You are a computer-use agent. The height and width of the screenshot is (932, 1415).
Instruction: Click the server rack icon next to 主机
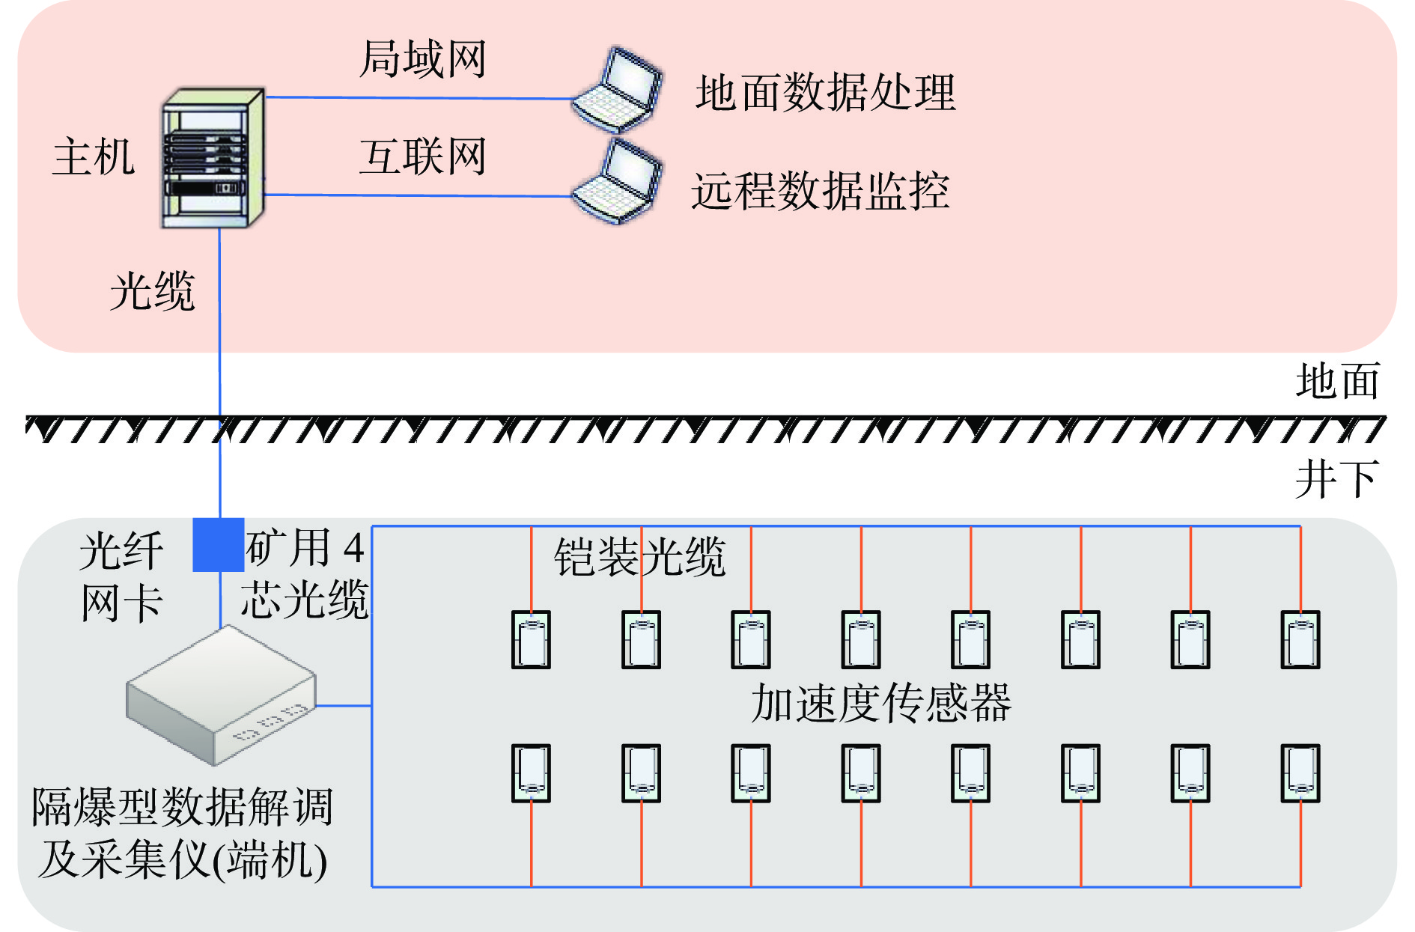tap(213, 159)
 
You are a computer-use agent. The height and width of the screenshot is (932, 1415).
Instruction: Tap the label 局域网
tap(423, 59)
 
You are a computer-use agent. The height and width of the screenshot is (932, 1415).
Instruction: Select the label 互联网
tap(423, 157)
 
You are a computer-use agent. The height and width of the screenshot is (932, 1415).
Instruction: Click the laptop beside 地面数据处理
tap(618, 90)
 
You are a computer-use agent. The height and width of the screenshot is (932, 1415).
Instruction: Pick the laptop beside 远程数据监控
tap(618, 181)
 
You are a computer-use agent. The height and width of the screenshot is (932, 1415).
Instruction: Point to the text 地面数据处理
tap(825, 93)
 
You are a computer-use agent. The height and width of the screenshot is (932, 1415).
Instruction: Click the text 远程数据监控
tap(821, 191)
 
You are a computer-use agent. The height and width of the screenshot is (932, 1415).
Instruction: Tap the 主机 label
tap(94, 157)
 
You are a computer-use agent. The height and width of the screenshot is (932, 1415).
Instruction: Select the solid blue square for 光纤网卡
tap(219, 545)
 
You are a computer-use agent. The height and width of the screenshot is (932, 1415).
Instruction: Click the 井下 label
tap(1337, 479)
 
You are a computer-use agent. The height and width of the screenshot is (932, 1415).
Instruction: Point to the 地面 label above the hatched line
tap(1338, 381)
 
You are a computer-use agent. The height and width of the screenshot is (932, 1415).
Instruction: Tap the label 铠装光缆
tap(640, 557)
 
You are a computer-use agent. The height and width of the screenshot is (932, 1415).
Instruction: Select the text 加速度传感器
tap(881, 704)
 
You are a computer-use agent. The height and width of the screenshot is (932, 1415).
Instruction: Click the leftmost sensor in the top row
tap(531, 640)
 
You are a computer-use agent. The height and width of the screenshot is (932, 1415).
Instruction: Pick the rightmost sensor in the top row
tap(1300, 640)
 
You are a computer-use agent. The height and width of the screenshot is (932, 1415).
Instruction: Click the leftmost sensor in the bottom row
tap(531, 773)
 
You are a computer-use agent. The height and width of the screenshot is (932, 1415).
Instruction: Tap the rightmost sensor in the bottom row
tap(1300, 773)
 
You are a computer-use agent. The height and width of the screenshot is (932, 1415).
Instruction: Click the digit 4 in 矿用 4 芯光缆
tap(353, 549)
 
